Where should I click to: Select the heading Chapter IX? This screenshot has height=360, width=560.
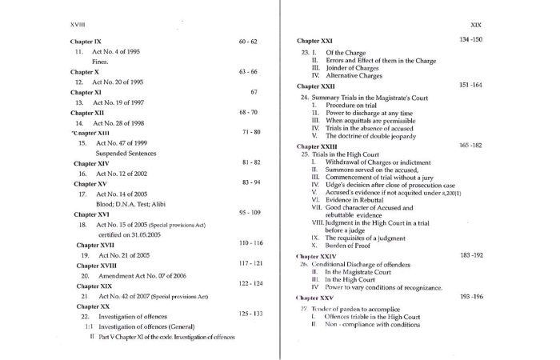tap(86, 39)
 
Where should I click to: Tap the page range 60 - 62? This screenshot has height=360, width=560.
tap(248, 39)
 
